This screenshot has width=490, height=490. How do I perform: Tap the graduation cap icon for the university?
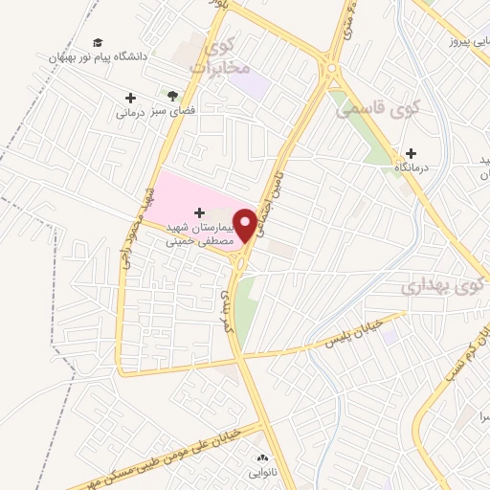pos(98,42)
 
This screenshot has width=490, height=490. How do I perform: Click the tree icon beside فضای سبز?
pos(172,96)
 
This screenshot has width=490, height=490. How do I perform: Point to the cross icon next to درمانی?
pos(130,98)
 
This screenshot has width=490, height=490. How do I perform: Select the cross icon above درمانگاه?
pos(412,153)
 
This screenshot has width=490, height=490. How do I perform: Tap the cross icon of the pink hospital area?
pos(199,212)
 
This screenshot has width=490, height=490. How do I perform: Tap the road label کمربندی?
pos(228,310)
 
